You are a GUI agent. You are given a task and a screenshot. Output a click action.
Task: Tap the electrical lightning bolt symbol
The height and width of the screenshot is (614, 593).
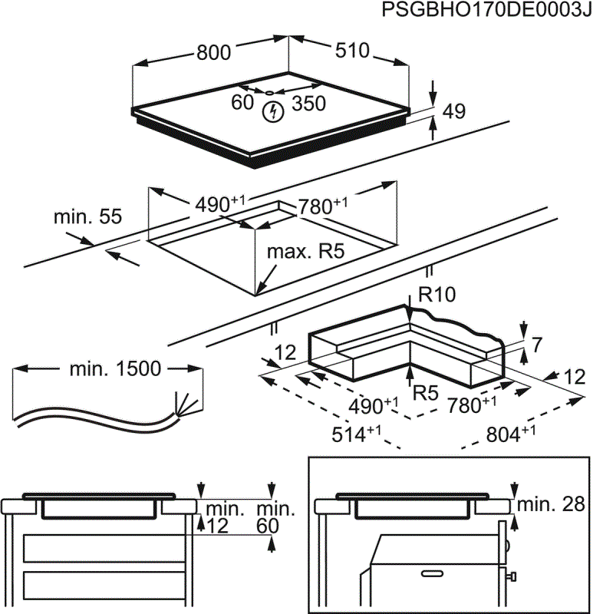click(x=272, y=113)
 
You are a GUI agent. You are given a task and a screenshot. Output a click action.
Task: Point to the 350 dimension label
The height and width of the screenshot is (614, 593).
click(x=309, y=104)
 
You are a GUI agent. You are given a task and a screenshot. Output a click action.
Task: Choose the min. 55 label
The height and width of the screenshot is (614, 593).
click(x=87, y=217)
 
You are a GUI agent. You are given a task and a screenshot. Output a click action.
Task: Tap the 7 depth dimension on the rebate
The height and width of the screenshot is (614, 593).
click(x=535, y=345)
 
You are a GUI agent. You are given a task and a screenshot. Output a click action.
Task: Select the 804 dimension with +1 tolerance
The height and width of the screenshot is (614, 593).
click(x=509, y=434)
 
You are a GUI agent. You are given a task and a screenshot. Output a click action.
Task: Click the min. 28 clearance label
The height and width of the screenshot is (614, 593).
click(x=551, y=505)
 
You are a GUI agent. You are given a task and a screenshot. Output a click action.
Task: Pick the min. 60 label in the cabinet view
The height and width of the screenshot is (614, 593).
click(x=275, y=517)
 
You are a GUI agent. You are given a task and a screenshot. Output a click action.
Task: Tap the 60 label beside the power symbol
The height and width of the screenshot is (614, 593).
click(x=242, y=102)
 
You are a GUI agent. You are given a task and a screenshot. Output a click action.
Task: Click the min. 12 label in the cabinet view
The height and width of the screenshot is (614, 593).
click(x=222, y=517)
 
